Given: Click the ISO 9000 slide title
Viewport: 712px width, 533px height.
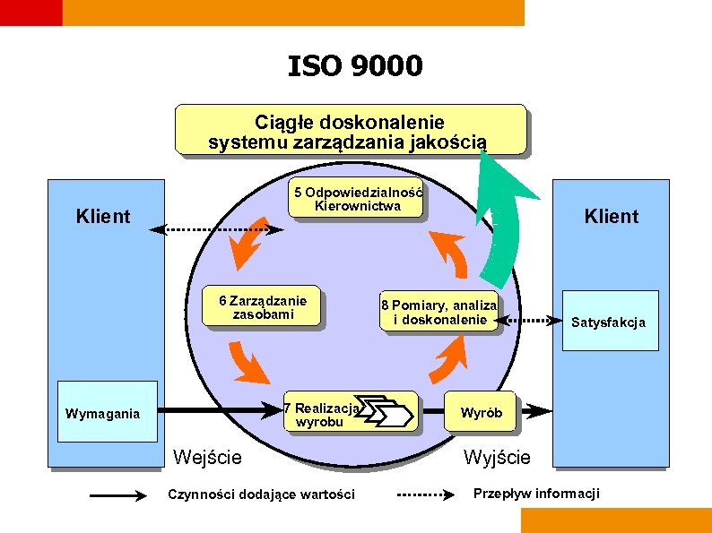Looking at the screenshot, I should [x=355, y=66].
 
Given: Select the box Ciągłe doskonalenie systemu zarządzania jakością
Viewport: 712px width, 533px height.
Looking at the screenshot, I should [x=350, y=131].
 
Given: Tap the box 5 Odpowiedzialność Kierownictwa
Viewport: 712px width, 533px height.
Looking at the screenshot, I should [x=357, y=199].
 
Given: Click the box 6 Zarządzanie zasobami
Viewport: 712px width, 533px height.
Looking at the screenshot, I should [x=263, y=307].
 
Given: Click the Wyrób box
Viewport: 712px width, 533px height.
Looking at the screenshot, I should [x=482, y=413].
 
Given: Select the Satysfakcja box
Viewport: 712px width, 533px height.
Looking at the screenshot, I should [x=609, y=322].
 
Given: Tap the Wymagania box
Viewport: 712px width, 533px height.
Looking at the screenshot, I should [x=103, y=413].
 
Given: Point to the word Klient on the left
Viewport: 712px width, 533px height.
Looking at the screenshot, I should [x=103, y=216].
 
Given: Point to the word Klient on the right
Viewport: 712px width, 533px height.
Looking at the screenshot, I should [x=611, y=216].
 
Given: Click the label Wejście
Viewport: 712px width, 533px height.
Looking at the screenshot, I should [x=207, y=457].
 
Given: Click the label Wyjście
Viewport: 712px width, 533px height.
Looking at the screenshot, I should [x=497, y=457].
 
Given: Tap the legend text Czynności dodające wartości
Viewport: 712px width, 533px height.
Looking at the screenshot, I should [x=262, y=494].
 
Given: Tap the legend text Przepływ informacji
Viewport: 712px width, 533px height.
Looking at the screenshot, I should [x=536, y=494].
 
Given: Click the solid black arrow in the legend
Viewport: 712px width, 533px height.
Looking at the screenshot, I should [x=118, y=494].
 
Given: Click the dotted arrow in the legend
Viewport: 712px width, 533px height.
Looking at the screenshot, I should [x=429, y=494].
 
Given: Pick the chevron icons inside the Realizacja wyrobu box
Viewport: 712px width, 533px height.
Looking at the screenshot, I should [x=384, y=413].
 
